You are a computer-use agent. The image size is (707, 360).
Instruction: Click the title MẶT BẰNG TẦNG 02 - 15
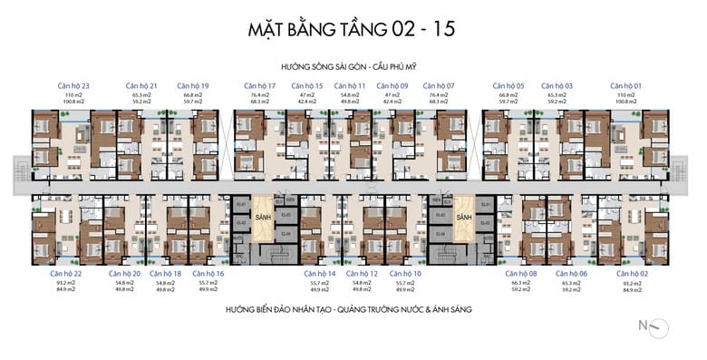click(352, 28)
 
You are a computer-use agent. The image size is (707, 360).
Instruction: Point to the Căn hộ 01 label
click(625, 85)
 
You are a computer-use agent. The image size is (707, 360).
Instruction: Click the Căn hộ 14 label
click(319, 273)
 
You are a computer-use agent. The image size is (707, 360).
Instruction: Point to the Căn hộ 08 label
click(520, 273)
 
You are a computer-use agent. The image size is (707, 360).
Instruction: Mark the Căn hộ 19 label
click(193, 85)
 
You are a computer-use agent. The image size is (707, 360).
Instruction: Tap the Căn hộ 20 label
click(124, 273)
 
